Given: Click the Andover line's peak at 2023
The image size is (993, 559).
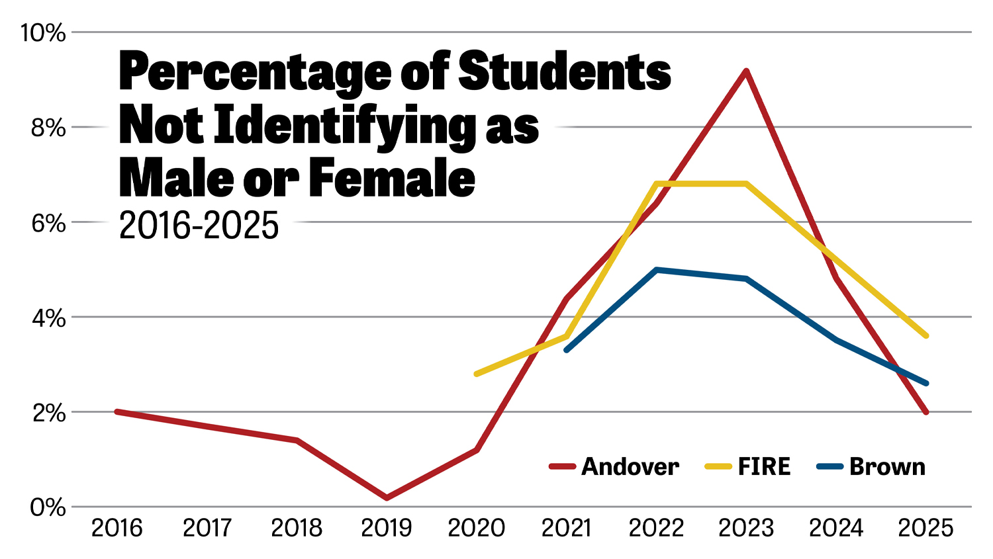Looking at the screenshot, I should [x=746, y=71].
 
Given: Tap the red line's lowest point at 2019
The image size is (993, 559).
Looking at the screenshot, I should [x=387, y=497].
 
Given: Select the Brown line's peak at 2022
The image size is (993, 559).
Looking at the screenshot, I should [x=656, y=270].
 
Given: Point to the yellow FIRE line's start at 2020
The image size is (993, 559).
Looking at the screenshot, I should [x=477, y=374].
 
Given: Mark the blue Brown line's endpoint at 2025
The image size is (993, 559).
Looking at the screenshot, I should [x=925, y=384].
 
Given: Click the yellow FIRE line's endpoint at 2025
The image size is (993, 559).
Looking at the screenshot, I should [x=925, y=336].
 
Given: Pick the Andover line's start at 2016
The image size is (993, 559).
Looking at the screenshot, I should [x=117, y=411].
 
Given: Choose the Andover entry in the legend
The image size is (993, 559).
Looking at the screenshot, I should [x=630, y=467].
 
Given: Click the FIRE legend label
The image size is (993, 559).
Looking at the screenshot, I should [x=764, y=467].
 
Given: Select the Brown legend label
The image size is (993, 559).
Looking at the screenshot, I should [x=887, y=467].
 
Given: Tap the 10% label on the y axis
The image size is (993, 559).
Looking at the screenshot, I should [x=44, y=32].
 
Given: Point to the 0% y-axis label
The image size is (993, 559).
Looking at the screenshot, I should [x=48, y=508].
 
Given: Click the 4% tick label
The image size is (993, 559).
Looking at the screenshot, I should [x=48, y=318].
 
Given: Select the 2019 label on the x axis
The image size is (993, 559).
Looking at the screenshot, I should [x=387, y=528].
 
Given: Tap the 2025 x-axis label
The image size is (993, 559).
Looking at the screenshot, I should [x=925, y=528].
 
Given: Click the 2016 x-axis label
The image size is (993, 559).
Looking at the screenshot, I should [x=117, y=528].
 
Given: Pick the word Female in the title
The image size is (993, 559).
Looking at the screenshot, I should [x=392, y=179].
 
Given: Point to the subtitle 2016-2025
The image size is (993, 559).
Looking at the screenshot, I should [x=199, y=226].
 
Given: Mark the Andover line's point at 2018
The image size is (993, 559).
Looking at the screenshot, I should [x=297, y=440].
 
